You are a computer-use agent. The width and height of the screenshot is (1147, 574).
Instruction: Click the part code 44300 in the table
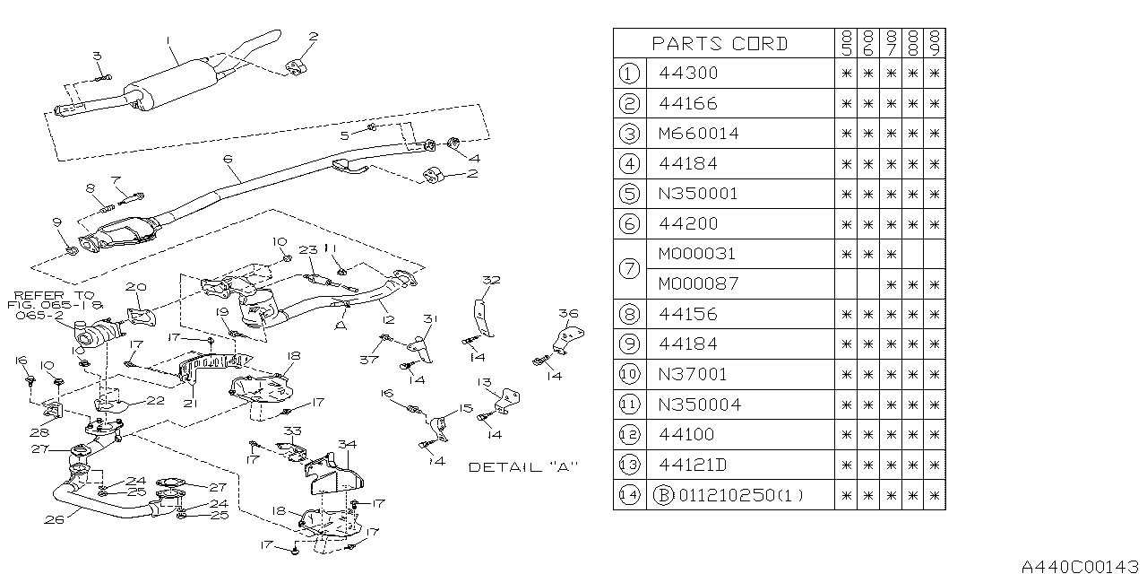click(x=687, y=74)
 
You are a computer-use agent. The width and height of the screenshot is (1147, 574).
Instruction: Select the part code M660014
click(x=698, y=134)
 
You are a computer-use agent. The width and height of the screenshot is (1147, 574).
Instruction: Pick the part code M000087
click(x=698, y=283)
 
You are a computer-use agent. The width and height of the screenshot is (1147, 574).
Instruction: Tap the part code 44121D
click(x=693, y=464)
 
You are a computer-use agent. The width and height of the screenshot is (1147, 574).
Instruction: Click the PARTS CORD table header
click(x=720, y=44)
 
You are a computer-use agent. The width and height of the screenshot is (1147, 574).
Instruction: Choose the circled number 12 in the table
click(x=629, y=434)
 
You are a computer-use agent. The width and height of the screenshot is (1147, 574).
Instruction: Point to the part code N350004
click(x=699, y=404)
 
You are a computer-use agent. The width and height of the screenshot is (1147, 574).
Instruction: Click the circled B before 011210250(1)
click(x=666, y=494)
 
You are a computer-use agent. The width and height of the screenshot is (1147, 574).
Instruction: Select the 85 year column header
click(x=846, y=44)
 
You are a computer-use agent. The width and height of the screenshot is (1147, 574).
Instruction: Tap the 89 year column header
click(x=935, y=44)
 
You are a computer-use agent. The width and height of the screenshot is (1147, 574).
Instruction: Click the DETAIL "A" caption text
click(x=523, y=467)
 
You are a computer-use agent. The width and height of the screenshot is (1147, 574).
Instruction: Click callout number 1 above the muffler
click(x=168, y=40)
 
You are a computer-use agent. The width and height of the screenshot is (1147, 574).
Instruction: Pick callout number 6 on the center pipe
click(x=228, y=159)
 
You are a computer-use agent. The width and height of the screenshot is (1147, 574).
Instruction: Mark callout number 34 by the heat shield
click(x=346, y=444)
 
